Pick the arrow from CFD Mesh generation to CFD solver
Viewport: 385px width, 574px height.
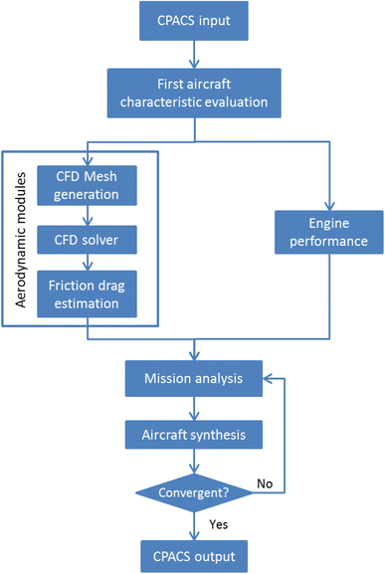click(x=88, y=213)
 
